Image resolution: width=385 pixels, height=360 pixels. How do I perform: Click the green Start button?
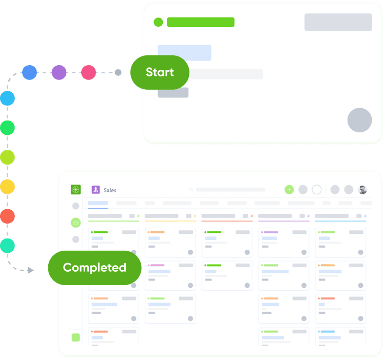coord(159,72)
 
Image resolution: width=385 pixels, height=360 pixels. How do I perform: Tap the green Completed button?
coord(94,267)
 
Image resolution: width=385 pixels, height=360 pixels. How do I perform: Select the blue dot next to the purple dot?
coord(29,72)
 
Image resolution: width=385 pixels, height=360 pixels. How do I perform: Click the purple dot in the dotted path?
coord(59,72)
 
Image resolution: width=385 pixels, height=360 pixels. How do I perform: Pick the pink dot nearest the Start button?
coord(89,72)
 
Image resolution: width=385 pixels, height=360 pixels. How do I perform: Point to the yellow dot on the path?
coord(7,187)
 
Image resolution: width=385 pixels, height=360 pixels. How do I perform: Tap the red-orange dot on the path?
coord(7,216)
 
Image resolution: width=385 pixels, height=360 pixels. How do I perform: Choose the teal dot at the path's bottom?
coord(7,245)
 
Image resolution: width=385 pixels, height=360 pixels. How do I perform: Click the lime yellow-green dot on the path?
coord(7,157)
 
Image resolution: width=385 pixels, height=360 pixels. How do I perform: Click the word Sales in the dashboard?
coord(110,190)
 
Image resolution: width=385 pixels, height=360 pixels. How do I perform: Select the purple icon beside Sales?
coord(95,190)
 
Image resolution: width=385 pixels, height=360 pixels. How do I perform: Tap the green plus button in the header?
coord(289,190)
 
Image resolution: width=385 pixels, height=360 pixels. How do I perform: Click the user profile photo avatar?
coord(362,190)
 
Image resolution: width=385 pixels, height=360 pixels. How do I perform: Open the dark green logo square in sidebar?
coord(75,190)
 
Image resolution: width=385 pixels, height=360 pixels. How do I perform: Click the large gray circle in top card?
coord(359,121)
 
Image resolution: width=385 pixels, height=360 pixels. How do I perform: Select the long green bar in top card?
coord(200,22)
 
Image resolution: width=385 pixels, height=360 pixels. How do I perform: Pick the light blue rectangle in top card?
coord(184,53)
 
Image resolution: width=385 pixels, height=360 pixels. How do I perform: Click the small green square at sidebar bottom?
coord(75,337)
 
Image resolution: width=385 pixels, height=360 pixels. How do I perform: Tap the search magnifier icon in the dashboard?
coord(191,190)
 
